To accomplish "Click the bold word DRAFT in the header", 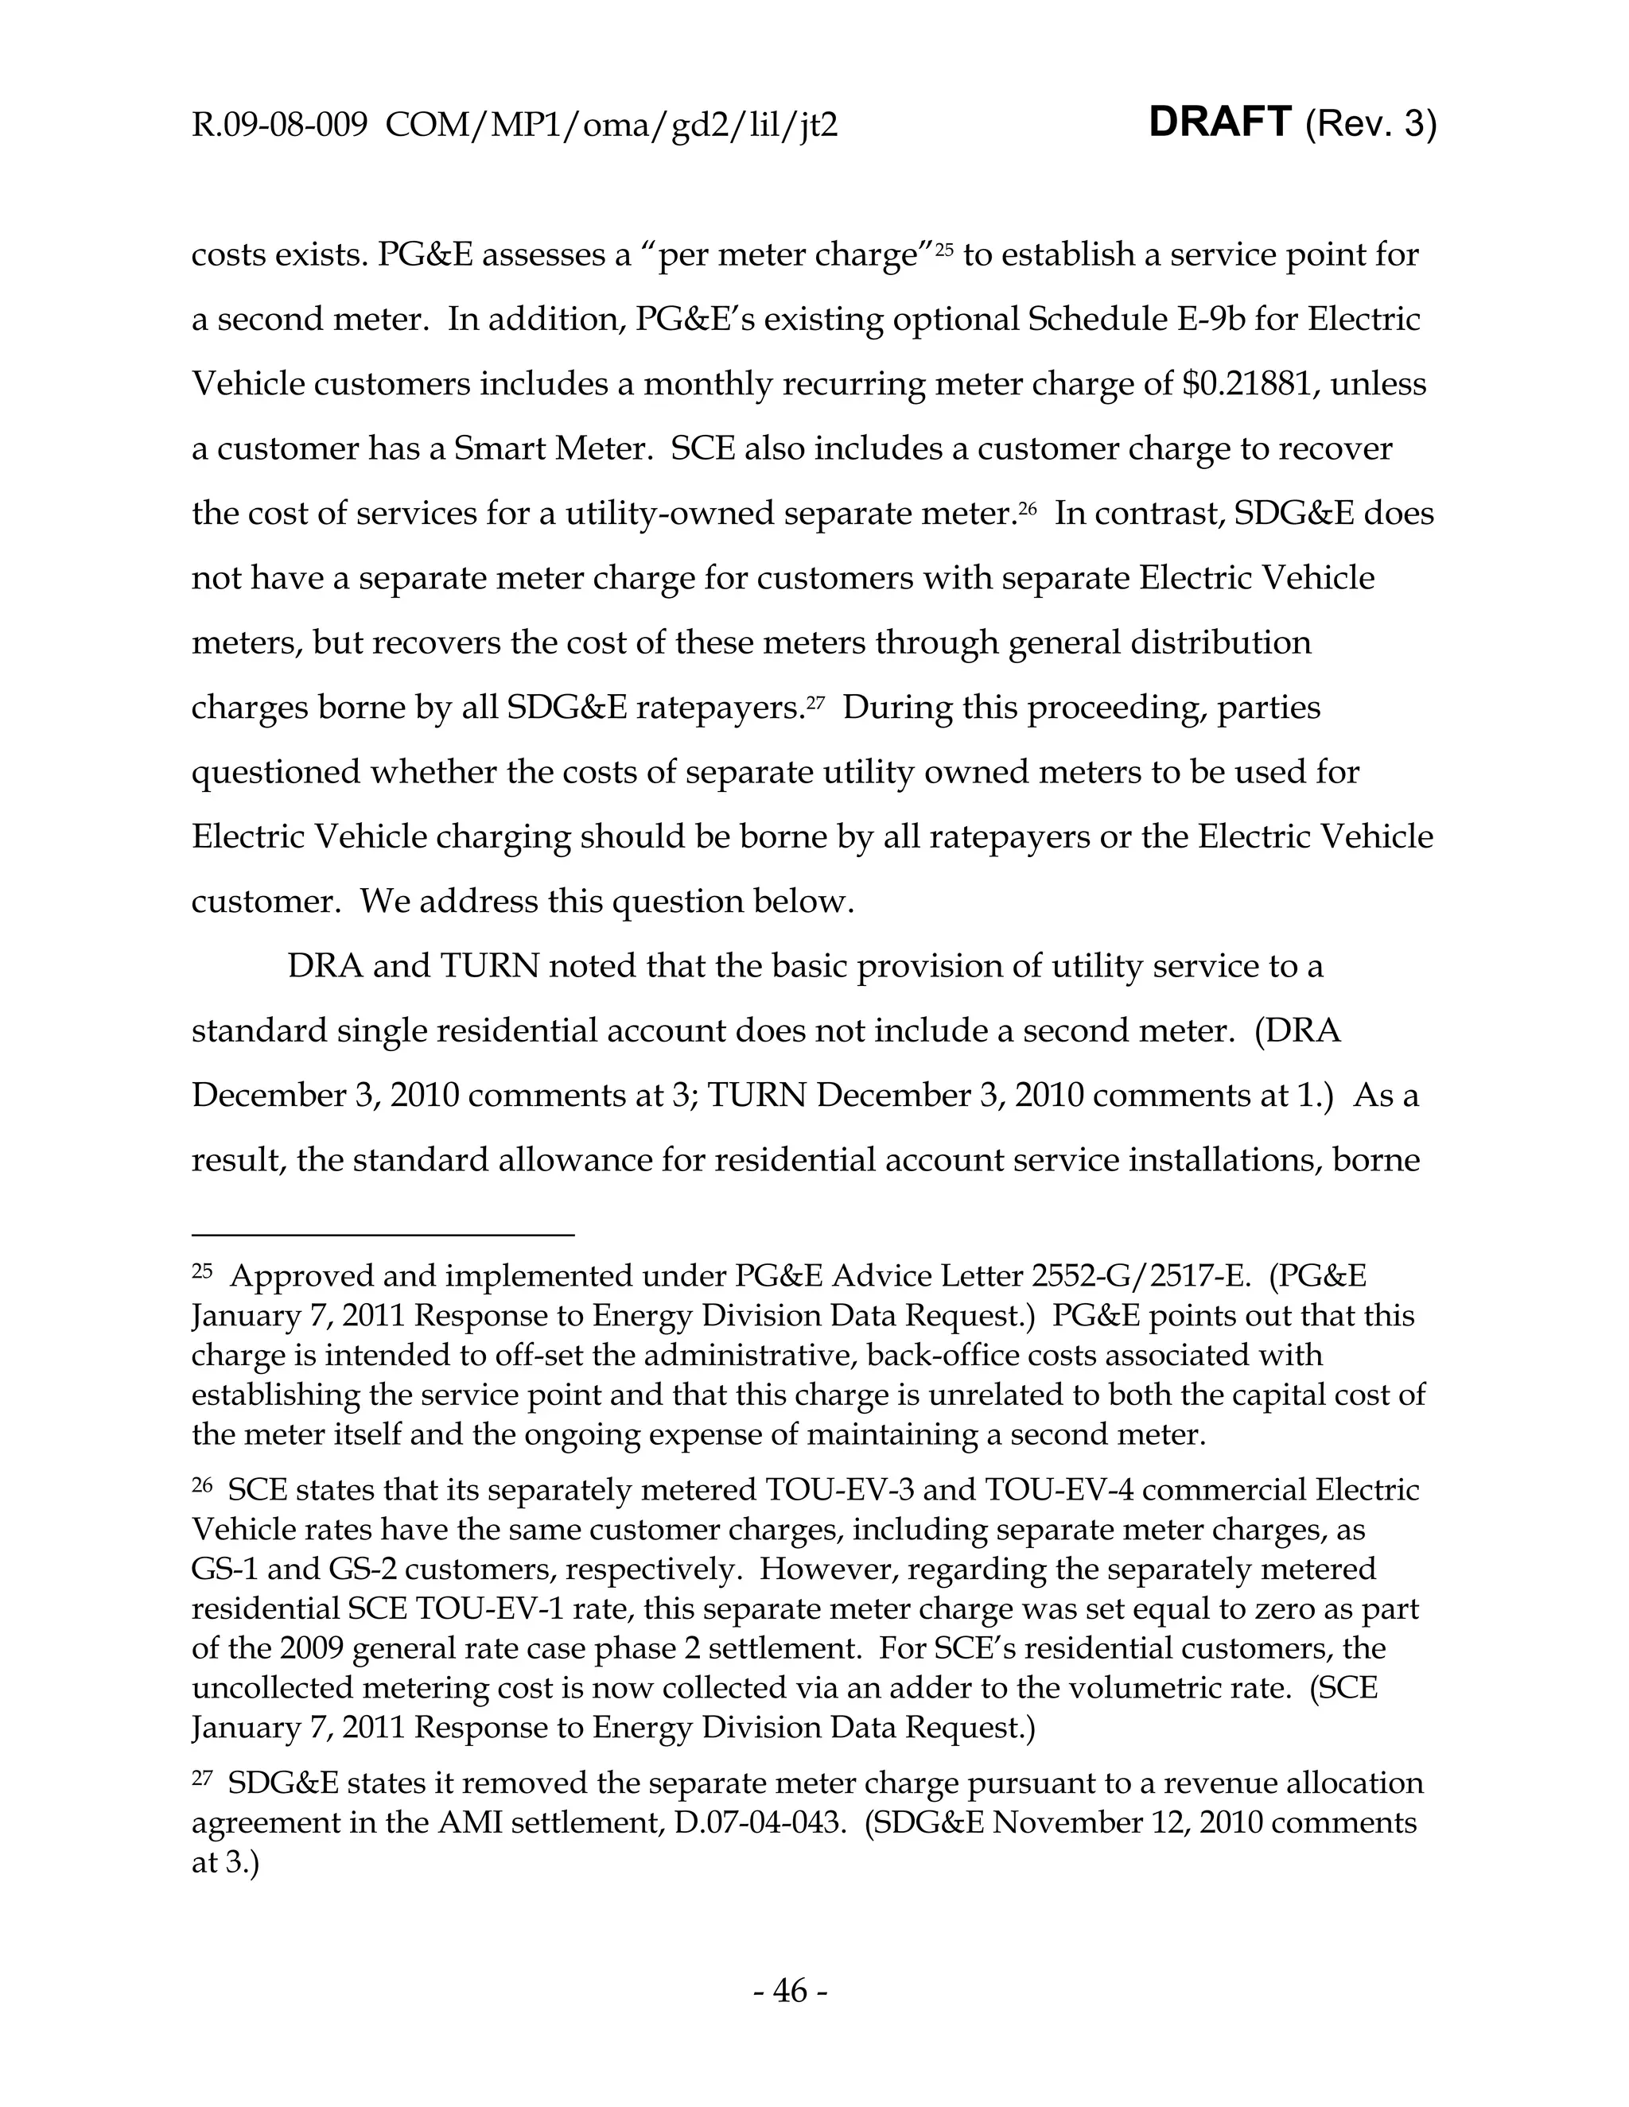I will tap(1220, 123).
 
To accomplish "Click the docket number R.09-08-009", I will tap(280, 126).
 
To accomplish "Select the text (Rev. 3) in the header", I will tap(1370, 126).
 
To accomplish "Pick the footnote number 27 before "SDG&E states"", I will tap(202, 1778).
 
